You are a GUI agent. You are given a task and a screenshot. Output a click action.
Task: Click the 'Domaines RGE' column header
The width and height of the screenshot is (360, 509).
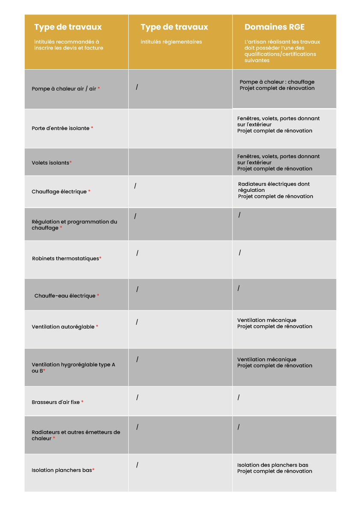[x=274, y=27]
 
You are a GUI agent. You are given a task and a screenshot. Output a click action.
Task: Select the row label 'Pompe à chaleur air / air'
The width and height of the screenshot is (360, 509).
[x=64, y=89]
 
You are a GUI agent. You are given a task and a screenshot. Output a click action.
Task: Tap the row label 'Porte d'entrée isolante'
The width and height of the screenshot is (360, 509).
[x=60, y=128]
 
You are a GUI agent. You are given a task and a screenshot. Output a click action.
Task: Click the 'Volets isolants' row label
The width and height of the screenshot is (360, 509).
[x=50, y=163]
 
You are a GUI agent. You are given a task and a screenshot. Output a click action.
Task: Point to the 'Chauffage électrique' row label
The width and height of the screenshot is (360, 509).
[x=59, y=192]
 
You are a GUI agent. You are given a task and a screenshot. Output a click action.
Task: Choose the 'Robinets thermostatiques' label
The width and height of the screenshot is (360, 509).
[x=65, y=259]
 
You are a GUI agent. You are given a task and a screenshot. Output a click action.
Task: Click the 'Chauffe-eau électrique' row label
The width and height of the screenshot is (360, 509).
[x=65, y=296]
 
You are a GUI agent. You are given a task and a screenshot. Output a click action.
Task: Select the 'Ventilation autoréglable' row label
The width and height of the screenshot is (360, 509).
[x=63, y=327]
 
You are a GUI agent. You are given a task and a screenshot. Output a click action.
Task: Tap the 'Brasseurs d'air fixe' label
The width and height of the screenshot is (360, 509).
[x=56, y=402]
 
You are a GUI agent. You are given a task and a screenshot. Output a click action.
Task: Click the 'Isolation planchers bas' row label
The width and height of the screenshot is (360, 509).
[x=62, y=470]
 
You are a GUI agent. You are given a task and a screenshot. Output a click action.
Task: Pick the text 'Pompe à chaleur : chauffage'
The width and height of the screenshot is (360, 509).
[x=277, y=82]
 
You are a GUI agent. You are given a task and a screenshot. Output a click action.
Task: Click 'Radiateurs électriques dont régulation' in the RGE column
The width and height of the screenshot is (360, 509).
[x=274, y=187]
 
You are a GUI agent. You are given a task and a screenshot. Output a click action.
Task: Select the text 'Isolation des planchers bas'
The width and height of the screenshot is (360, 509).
[x=273, y=465]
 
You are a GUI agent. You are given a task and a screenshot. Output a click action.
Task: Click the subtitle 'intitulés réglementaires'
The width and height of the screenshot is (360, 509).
[x=171, y=42]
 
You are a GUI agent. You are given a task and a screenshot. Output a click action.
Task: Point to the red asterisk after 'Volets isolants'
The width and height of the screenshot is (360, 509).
[x=71, y=163]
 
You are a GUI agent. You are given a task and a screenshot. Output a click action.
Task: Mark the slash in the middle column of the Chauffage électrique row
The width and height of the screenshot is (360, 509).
[x=135, y=186]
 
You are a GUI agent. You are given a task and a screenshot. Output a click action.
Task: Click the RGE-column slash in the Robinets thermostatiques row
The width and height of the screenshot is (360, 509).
[x=240, y=253]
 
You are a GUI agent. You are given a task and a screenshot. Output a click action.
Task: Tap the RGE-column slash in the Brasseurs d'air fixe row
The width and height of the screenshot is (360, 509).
[x=239, y=397]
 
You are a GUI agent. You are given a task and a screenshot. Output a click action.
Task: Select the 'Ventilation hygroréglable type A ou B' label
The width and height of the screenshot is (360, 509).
[x=73, y=368]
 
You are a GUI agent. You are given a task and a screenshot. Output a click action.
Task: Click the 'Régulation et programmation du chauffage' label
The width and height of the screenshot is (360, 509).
[x=74, y=225]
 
